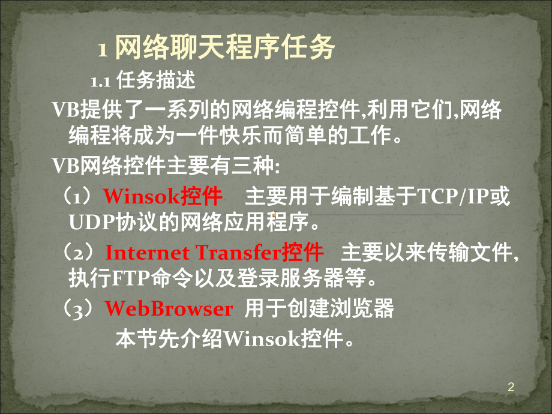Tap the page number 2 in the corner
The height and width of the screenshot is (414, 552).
(x=511, y=388)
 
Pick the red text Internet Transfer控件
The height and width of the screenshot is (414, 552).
(x=214, y=252)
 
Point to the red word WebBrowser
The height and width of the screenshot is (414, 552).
(x=169, y=308)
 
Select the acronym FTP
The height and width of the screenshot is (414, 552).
(x=123, y=279)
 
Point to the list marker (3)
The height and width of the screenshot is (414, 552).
(x=82, y=308)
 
